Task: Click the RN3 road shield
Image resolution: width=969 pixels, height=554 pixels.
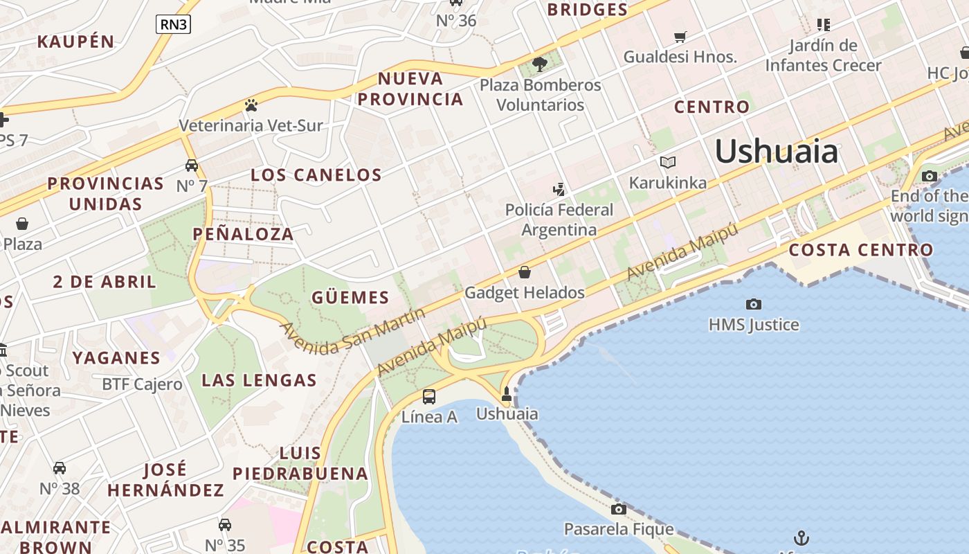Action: point(173,25)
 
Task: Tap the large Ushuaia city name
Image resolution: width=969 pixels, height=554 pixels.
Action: point(776,151)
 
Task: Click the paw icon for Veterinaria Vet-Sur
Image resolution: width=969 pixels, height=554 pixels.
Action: point(251,105)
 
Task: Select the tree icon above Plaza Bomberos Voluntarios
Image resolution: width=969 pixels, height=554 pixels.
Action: point(540,64)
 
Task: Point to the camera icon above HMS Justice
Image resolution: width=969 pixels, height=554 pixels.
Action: point(754,304)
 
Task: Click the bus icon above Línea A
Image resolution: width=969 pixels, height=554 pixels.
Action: point(429,396)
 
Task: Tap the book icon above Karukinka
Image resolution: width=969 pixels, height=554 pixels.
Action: point(667,162)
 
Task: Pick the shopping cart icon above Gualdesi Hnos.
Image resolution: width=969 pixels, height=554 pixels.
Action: point(680,37)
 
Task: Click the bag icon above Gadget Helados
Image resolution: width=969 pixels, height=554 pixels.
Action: point(525,272)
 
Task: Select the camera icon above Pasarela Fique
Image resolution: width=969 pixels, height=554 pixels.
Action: point(619,509)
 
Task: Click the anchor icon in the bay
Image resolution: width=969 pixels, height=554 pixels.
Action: point(801,537)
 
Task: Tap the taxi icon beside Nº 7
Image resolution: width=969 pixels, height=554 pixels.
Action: point(192,166)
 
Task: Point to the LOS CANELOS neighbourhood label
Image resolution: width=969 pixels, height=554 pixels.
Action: point(316,175)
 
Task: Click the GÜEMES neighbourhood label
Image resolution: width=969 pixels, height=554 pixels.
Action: point(350,298)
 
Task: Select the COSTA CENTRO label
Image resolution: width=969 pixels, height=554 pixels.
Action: point(861,250)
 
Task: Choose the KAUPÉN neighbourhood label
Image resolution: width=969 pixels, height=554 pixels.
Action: point(75,42)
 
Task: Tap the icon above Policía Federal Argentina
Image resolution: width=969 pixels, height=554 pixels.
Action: point(559,189)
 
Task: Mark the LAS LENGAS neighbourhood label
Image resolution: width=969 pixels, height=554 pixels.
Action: point(259,380)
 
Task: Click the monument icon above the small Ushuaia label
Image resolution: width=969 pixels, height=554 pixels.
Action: point(507,394)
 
